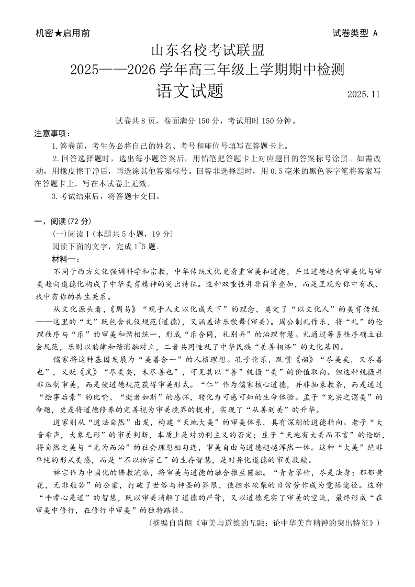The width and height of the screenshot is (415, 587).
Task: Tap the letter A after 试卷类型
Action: point(375,33)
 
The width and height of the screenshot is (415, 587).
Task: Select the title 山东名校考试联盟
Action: point(208,51)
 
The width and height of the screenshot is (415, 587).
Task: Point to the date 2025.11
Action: point(363,94)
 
